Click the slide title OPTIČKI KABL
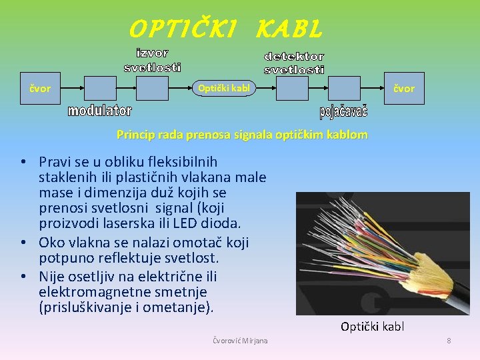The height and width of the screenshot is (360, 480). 225,29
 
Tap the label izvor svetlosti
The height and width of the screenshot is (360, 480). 153,60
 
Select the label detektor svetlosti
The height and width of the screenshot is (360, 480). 294,63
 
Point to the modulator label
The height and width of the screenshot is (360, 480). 100,111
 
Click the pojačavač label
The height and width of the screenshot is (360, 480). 343,111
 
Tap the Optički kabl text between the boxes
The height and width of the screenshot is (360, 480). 224,88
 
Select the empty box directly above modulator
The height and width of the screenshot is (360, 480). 100,88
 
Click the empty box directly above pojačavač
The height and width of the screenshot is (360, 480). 344,88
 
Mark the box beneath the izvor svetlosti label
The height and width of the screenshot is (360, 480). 153,88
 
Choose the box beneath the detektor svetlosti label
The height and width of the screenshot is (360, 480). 294,88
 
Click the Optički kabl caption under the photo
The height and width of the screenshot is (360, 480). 372,327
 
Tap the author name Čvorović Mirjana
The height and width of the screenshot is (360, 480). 240,341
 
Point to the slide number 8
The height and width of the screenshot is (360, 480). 449,341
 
